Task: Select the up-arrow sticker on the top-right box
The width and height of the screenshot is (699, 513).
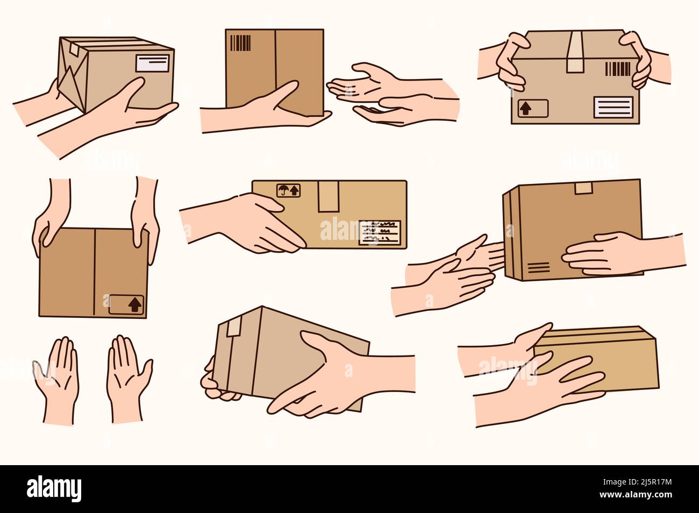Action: (532, 108)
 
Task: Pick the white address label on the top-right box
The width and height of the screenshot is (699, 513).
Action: (614, 108)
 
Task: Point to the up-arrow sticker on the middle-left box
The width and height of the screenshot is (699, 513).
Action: (127, 304)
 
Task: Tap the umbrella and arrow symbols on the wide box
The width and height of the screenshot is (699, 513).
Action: (289, 190)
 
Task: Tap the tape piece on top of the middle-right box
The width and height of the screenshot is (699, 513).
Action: (582, 188)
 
